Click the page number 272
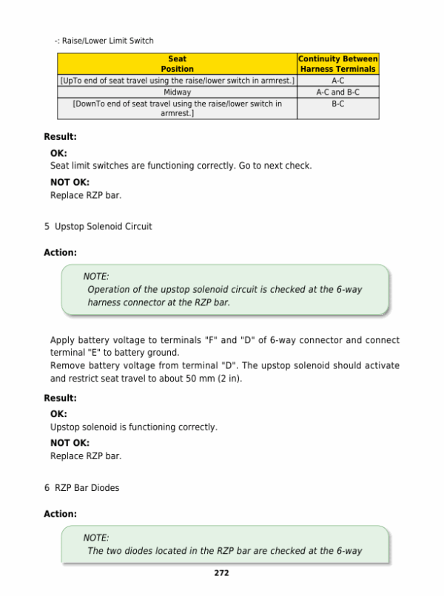(221, 572)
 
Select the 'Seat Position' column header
(177, 64)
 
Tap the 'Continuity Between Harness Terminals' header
(337, 64)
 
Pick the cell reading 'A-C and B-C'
(337, 92)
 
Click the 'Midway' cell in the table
(177, 92)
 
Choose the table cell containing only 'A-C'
(337, 80)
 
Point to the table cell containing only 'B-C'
(337, 104)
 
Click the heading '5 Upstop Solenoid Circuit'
(98, 226)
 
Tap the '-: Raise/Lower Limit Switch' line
(104, 41)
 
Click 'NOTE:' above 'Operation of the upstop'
(96, 277)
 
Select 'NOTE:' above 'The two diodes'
(96, 538)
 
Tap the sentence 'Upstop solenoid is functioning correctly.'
(133, 427)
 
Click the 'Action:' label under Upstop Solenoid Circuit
(60, 252)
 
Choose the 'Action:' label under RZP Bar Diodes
(60, 513)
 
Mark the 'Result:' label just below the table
(60, 137)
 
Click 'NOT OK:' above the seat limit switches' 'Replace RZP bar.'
(70, 182)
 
